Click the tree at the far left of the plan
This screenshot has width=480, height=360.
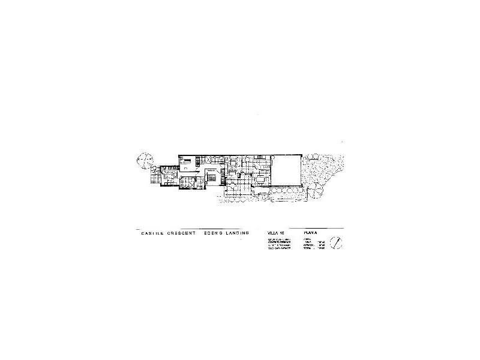pos(145,161)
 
